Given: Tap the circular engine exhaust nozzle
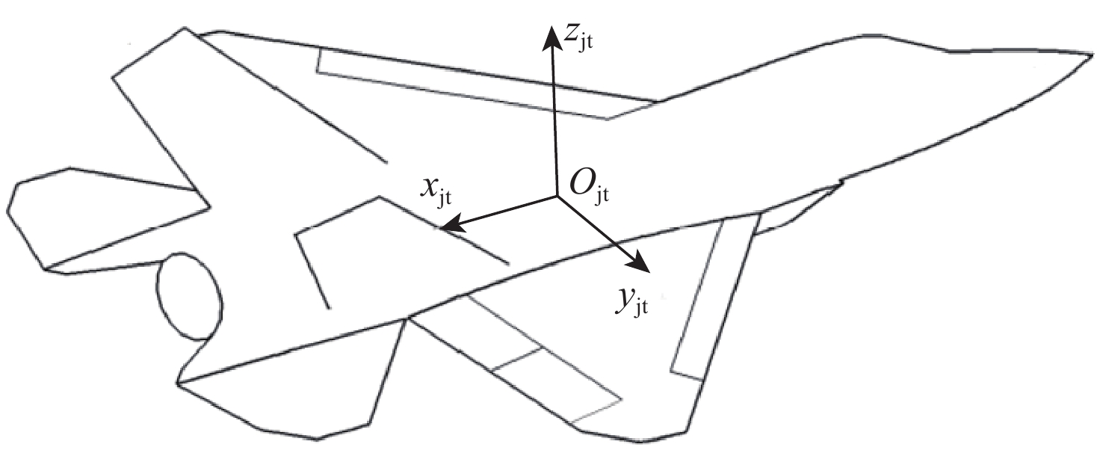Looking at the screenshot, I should pos(190,296).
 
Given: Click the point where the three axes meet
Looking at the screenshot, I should pos(557,196).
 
